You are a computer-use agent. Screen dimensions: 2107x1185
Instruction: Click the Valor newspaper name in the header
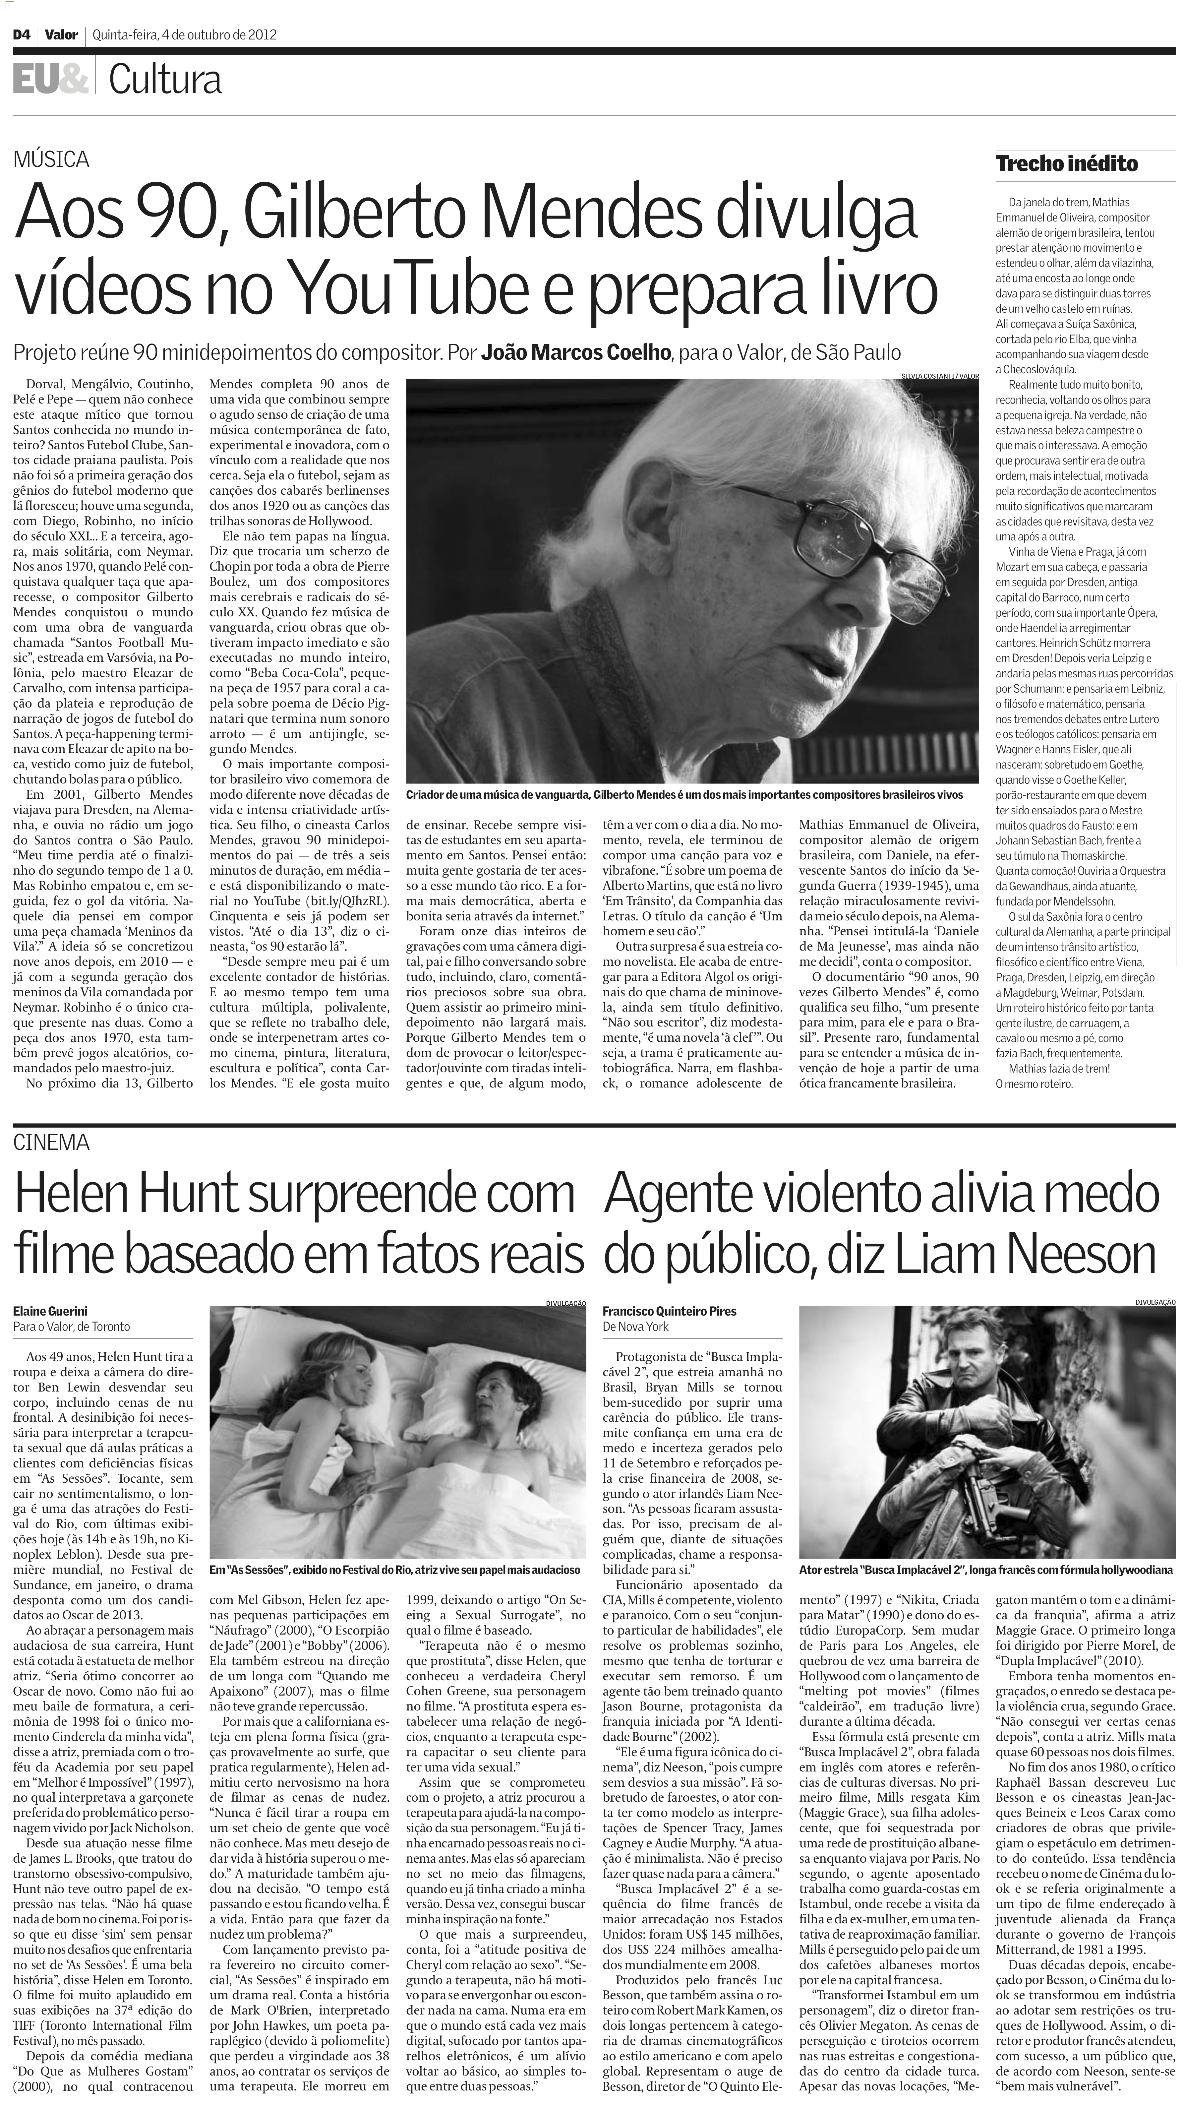[x=61, y=35]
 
